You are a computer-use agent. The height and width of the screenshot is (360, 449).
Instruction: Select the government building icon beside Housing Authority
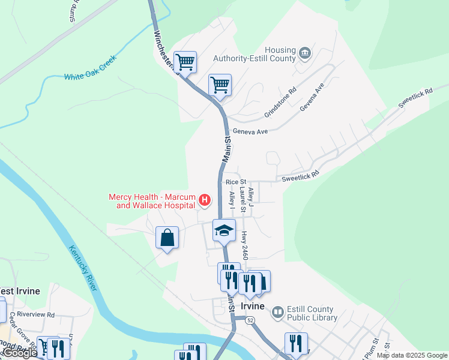[x=304, y=53]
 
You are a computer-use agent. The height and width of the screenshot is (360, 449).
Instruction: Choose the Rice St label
[x=235, y=182]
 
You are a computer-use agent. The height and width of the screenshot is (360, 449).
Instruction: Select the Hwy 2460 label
[x=244, y=245]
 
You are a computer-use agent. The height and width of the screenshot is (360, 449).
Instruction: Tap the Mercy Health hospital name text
[x=154, y=201]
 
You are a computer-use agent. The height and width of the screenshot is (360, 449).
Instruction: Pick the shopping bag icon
[x=167, y=238]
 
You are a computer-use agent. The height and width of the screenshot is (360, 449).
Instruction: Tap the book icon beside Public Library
[x=277, y=312]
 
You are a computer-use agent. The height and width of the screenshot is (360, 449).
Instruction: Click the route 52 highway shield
[x=250, y=321]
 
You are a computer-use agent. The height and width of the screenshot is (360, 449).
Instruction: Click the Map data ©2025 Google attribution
[x=412, y=355]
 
